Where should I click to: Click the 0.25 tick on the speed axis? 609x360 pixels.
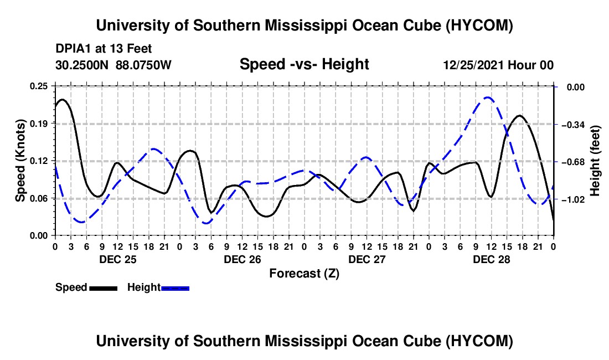(x=38, y=86)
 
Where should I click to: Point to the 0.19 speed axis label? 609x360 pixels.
(x=38, y=124)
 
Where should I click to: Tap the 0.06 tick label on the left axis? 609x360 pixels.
(x=38, y=198)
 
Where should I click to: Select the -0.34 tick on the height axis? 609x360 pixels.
(x=573, y=125)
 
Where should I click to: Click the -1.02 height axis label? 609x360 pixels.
(x=573, y=199)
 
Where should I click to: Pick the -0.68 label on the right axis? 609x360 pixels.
(x=573, y=162)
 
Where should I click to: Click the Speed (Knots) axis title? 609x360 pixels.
(x=20, y=161)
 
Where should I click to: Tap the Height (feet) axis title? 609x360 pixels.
(x=595, y=161)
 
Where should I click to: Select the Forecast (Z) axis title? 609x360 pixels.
(x=304, y=274)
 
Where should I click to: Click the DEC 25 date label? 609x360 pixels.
(x=118, y=259)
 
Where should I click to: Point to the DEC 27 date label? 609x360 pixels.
(x=367, y=259)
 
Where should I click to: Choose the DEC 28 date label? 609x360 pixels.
(x=491, y=259)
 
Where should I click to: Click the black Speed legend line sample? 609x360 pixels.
(x=104, y=288)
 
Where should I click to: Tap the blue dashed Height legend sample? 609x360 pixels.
(x=175, y=288)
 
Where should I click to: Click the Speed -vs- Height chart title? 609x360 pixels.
(x=304, y=64)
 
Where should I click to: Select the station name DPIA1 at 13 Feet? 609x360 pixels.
(x=104, y=49)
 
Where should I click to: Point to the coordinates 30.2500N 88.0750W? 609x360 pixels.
(x=113, y=65)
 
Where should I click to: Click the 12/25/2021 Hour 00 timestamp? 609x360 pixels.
(x=498, y=65)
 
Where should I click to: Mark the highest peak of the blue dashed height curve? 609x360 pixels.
(x=488, y=97)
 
